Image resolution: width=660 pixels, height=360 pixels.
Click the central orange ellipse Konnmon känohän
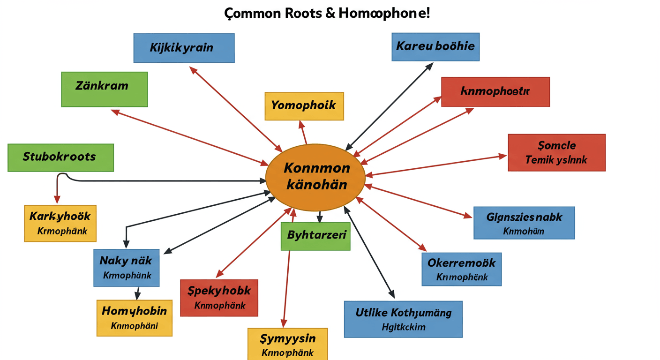[x=315, y=177]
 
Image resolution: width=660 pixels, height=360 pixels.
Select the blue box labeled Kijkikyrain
[x=184, y=48]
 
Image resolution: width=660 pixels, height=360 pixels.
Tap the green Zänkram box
[x=104, y=89]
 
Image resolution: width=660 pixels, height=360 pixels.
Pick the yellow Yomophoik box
[x=304, y=106]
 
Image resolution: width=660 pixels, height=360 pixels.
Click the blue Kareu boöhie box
[x=435, y=47]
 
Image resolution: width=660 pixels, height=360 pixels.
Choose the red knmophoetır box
[x=495, y=92]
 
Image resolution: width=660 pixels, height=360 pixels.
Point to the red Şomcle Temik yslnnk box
[x=556, y=153]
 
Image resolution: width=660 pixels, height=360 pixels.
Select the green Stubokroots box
[x=60, y=157]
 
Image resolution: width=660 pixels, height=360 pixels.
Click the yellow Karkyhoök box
[x=60, y=223]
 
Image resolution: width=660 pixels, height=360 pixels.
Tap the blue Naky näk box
[x=126, y=267]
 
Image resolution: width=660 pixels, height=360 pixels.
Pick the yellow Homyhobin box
[x=135, y=318]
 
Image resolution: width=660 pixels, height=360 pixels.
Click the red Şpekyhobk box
[x=219, y=298]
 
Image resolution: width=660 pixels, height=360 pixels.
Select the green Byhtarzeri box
[x=315, y=236]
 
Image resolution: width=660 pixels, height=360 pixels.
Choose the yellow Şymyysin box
[x=287, y=344]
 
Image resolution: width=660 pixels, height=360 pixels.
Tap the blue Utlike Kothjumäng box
[x=403, y=319]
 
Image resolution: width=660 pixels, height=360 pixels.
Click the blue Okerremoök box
[x=461, y=269]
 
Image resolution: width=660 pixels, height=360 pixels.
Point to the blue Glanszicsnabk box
[x=524, y=223]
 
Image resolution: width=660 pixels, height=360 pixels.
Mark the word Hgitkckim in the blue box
[x=404, y=327]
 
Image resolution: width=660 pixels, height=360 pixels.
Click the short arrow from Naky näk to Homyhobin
[x=137, y=293]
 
